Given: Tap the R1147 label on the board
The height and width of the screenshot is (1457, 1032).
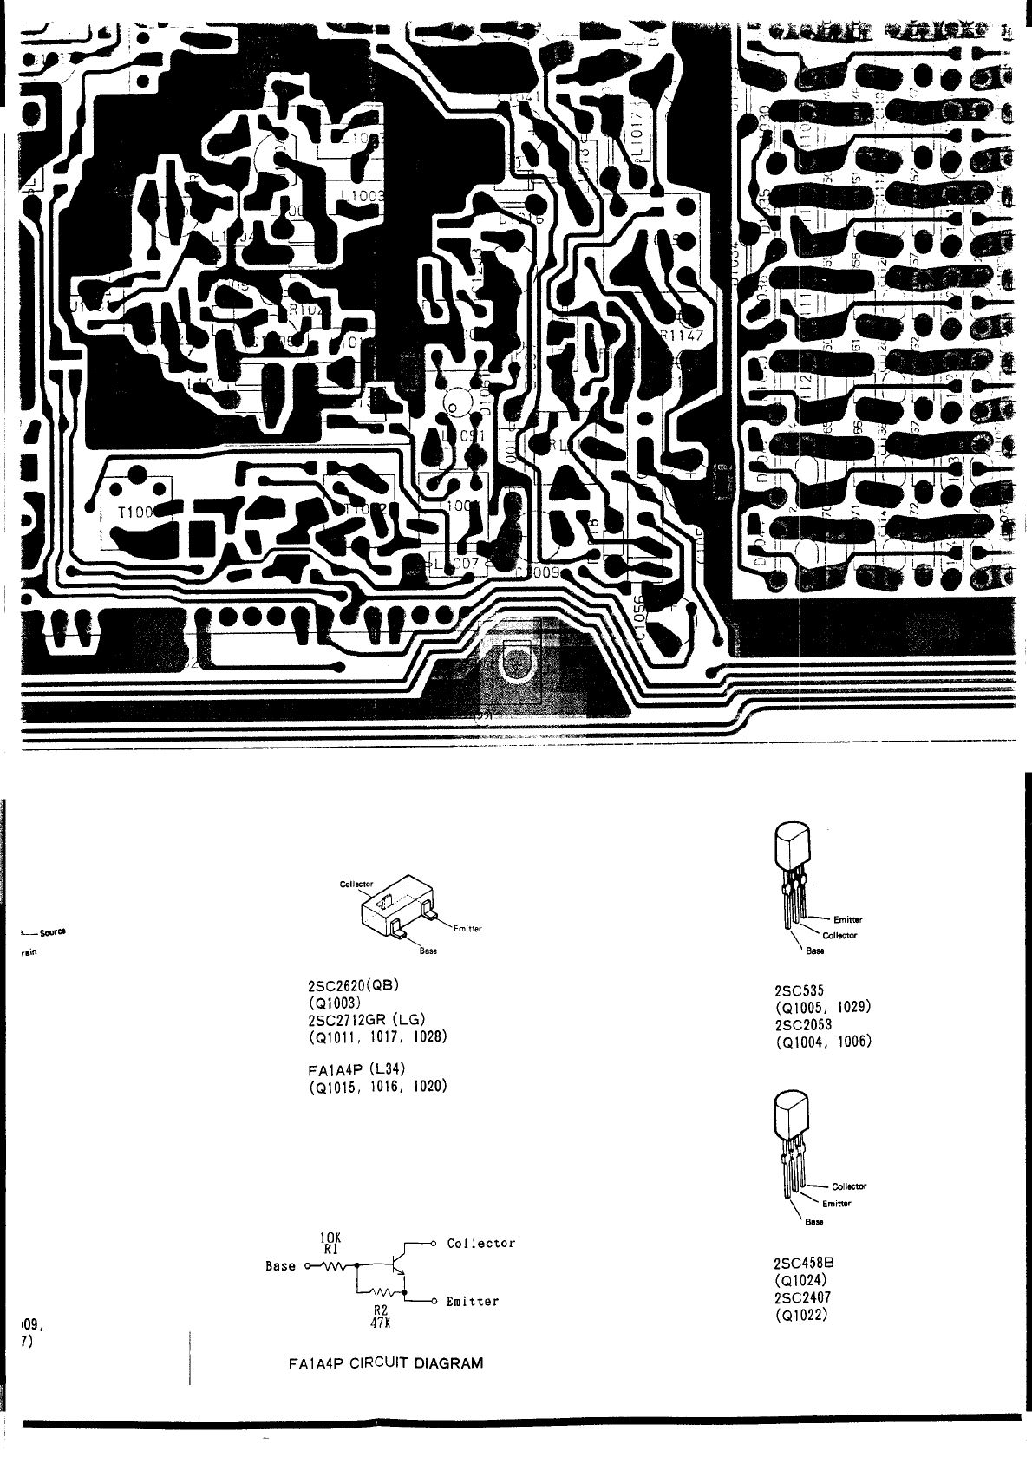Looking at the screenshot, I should [x=682, y=339].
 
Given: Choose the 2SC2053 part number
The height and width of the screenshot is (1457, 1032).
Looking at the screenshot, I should [x=802, y=1024].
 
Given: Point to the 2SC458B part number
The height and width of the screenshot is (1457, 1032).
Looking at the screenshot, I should [x=803, y=1264].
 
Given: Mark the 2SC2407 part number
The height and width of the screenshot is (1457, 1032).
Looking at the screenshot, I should [x=802, y=1297].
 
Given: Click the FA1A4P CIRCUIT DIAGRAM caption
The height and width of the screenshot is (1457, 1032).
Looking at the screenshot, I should [x=385, y=1362].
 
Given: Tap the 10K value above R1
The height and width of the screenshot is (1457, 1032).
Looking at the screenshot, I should [x=330, y=1237].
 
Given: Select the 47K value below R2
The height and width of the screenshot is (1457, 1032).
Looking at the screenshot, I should [x=379, y=1323].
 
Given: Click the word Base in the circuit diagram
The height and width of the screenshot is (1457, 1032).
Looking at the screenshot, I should [x=280, y=1266].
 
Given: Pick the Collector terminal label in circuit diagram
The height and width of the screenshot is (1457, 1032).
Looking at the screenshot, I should [x=480, y=1244].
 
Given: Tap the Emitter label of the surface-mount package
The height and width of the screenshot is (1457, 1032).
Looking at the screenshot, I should [x=467, y=928].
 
